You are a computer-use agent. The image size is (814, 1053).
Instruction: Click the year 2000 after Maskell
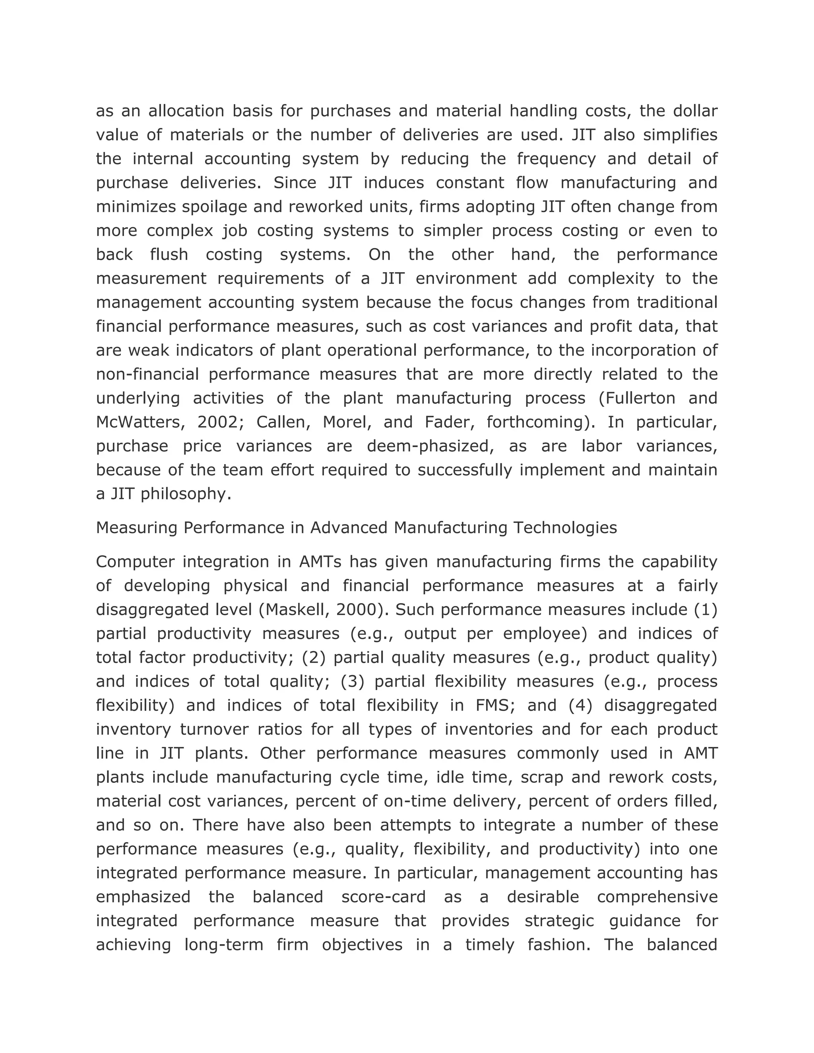[356, 610]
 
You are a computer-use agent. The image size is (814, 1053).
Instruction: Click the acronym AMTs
[320, 562]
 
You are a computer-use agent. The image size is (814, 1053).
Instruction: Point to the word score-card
[384, 897]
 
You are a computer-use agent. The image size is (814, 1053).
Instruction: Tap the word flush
[169, 255]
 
